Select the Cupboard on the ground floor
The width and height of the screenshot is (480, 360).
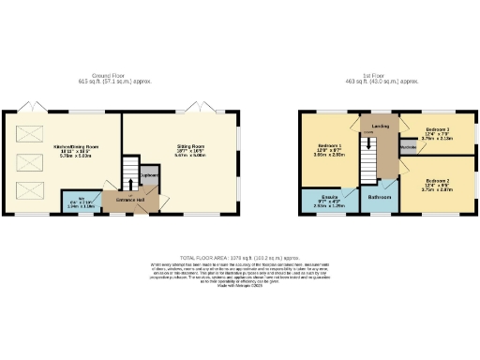click(148, 177)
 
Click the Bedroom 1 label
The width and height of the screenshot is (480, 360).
click(328, 149)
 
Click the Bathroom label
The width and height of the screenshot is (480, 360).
click(379, 198)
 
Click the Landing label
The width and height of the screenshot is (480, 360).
click(381, 126)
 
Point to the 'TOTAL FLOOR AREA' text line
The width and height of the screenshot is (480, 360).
click(240, 256)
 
